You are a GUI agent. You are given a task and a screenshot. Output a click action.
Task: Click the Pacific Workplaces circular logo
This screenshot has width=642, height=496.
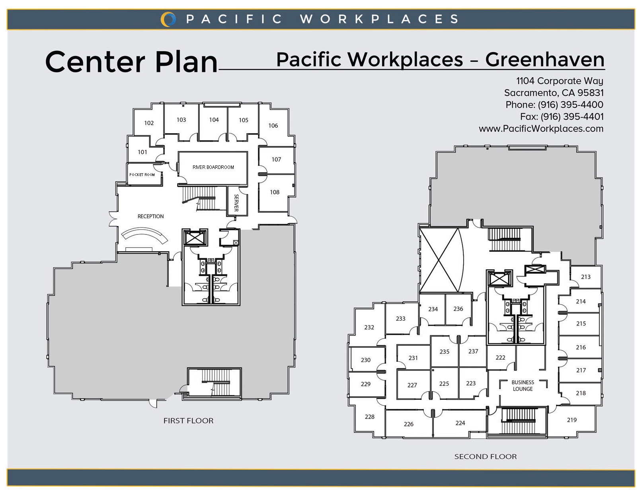(168, 19)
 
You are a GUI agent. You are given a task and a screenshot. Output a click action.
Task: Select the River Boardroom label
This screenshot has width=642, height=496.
(213, 167)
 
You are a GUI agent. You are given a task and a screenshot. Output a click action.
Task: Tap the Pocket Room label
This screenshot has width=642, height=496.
(142, 175)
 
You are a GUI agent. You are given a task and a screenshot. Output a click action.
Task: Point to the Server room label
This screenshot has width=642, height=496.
(236, 203)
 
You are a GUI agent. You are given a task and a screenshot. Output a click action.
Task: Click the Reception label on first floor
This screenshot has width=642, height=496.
(150, 217)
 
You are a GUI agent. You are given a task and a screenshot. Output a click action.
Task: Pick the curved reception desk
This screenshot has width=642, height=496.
(144, 235)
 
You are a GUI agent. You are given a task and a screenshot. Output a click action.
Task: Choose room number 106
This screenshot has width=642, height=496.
(273, 126)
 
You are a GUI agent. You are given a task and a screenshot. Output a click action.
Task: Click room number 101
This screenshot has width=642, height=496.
(142, 152)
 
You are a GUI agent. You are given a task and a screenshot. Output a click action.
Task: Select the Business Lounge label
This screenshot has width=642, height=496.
(523, 386)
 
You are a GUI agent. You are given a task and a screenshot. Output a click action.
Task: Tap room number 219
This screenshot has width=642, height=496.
(572, 420)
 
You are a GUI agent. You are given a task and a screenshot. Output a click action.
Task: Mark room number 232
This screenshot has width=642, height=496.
(369, 327)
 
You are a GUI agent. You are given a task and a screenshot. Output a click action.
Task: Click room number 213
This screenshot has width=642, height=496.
(585, 277)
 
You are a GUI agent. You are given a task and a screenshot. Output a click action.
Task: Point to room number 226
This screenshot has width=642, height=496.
(408, 424)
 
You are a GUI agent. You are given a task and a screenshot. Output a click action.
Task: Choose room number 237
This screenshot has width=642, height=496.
(473, 351)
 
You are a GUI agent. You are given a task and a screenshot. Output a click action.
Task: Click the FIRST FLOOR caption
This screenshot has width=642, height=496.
(188, 420)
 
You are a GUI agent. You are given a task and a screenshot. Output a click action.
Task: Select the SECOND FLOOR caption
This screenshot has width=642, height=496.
(486, 457)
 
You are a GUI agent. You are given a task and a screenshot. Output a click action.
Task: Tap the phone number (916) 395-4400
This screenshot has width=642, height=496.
(570, 105)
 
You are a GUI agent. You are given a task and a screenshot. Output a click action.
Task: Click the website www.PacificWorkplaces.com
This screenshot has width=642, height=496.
(541, 129)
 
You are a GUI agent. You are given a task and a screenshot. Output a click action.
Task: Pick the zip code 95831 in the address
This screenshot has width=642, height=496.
(590, 93)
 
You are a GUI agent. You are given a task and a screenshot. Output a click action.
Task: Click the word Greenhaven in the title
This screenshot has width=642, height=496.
(544, 60)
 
